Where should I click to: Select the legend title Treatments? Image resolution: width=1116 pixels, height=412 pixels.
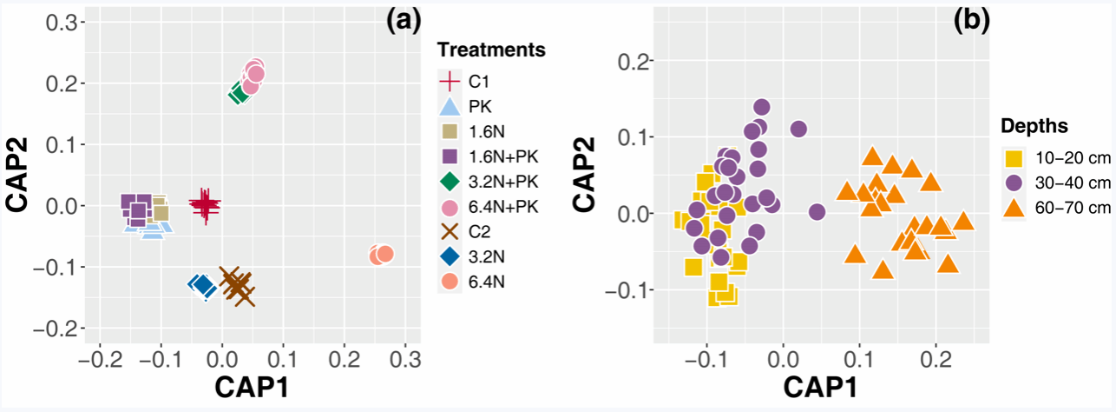coord(491,50)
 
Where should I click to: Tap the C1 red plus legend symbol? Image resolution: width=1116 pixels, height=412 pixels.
coord(450,83)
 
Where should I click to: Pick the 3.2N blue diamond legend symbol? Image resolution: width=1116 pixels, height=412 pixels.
coord(450,257)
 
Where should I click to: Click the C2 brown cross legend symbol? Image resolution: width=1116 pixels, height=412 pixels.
coord(450,232)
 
